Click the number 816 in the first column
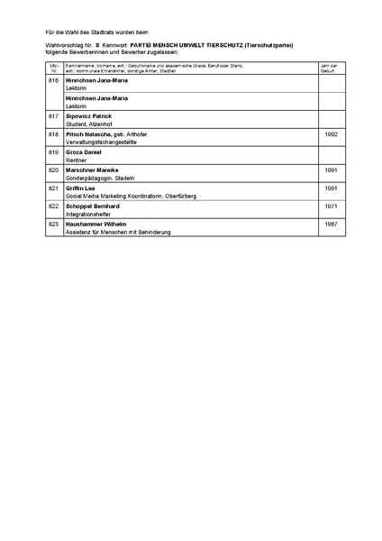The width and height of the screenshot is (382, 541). click(x=53, y=80)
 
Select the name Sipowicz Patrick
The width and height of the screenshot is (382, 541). click(x=89, y=116)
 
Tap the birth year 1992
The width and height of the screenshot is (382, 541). click(x=330, y=134)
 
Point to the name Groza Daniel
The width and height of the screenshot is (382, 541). click(x=83, y=152)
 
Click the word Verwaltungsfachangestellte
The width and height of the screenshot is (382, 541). click(x=103, y=142)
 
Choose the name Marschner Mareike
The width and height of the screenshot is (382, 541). click(x=93, y=170)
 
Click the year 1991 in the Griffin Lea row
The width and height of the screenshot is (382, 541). click(x=330, y=188)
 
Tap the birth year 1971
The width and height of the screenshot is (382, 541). click(x=330, y=206)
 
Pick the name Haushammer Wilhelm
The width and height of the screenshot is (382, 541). click(x=95, y=224)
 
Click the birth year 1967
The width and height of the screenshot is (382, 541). click(x=330, y=224)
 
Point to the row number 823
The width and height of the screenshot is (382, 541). click(x=53, y=224)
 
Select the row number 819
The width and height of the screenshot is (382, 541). click(x=53, y=152)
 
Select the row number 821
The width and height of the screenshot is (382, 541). click(x=53, y=188)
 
